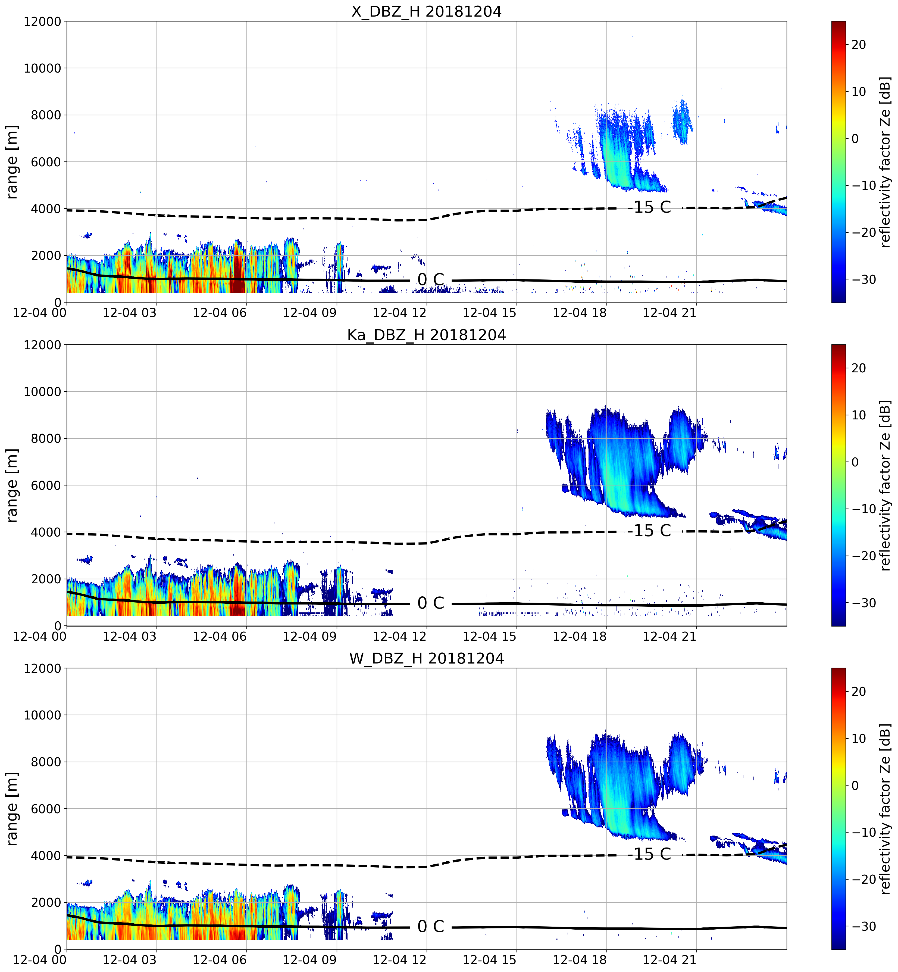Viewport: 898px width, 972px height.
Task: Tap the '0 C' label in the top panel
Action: pos(431,279)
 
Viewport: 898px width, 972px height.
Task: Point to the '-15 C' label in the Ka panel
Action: pos(649,531)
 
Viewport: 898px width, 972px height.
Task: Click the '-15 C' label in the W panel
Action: pos(649,854)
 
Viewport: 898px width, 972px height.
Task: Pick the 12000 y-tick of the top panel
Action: pos(43,22)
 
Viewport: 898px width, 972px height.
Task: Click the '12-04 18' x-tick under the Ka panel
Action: pos(580,636)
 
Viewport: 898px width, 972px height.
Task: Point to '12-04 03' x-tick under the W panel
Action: pos(130,960)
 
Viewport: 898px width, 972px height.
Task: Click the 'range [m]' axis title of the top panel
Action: pos(12,162)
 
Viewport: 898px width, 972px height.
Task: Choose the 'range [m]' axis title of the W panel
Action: pos(12,809)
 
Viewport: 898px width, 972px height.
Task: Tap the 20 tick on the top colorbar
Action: pos(859,45)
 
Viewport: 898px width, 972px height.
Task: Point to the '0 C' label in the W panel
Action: pos(431,926)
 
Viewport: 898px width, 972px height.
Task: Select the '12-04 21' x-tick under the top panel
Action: pos(669,313)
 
